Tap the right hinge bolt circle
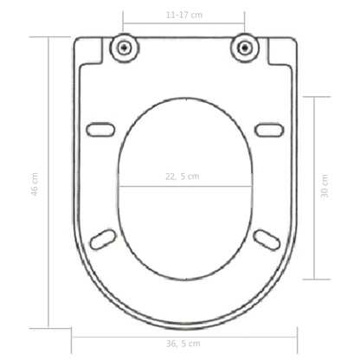point(245,47)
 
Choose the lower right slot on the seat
point(265,236)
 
